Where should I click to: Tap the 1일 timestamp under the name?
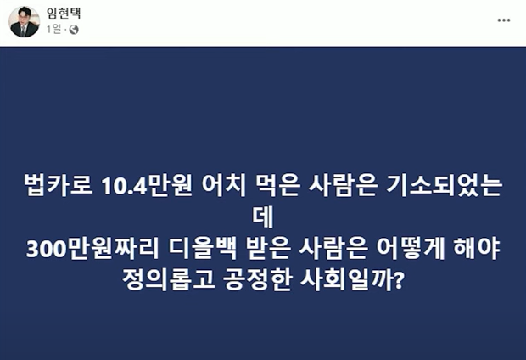click(55, 30)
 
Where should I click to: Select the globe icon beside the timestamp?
click(73, 30)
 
